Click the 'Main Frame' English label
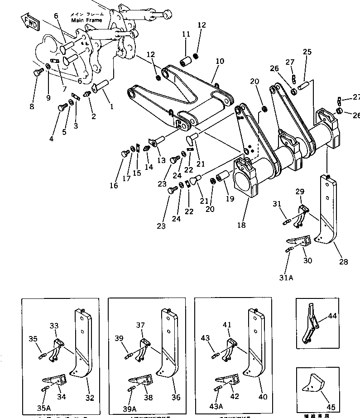click(86, 20)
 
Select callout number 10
click(220, 61)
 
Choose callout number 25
click(307, 52)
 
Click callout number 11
click(186, 34)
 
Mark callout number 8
click(31, 107)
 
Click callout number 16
click(113, 185)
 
